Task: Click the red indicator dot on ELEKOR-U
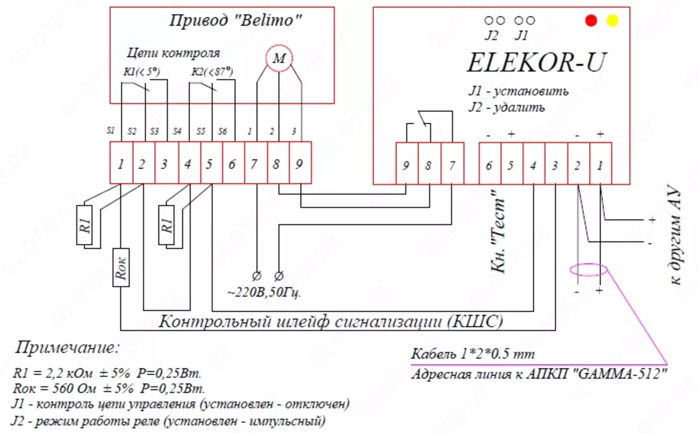(x=592, y=21)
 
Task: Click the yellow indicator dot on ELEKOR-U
(x=612, y=21)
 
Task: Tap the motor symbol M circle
(x=279, y=58)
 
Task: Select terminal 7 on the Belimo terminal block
(x=254, y=164)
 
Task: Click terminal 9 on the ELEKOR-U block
(x=406, y=165)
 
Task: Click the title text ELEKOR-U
(x=535, y=62)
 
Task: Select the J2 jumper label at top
(x=492, y=35)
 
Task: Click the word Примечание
(x=67, y=348)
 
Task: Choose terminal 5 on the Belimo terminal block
(x=210, y=164)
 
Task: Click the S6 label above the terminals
(x=223, y=132)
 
